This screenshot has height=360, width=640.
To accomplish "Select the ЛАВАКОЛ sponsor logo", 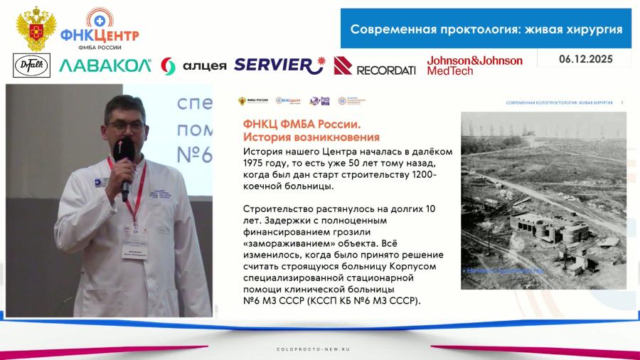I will tap(105, 65).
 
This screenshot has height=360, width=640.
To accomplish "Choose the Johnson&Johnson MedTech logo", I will tap(474, 65).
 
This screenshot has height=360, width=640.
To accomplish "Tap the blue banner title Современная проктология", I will tap(486, 29).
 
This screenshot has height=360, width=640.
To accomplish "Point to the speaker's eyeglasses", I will tap(130, 124).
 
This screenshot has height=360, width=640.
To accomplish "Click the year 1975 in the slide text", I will tap(257, 164).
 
